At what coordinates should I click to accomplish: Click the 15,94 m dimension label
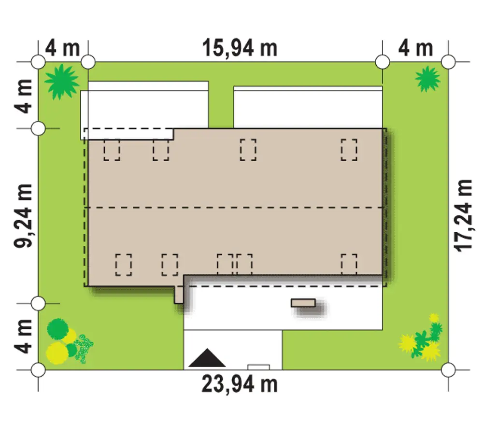[x=240, y=48]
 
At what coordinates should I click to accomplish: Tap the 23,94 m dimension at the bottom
[x=240, y=384]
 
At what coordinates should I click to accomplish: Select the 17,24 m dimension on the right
[x=464, y=215]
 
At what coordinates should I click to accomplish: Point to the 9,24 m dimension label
[x=23, y=215]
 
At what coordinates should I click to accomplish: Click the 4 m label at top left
[x=62, y=48]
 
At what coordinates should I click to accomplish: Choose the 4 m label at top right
[x=415, y=48]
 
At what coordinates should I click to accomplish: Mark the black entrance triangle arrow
[x=207, y=358]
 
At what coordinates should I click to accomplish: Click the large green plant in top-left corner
[x=62, y=82]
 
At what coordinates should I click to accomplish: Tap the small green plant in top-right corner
[x=427, y=79]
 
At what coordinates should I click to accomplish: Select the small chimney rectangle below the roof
[x=303, y=303]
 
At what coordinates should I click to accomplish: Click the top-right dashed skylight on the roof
[x=349, y=150]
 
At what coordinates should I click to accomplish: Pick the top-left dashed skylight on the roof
[x=112, y=150]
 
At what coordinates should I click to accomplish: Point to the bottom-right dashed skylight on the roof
[x=349, y=265]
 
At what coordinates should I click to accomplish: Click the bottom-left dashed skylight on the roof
[x=124, y=265]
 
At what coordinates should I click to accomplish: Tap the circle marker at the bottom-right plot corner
[x=448, y=369]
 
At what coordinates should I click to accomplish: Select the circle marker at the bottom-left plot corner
[x=38, y=369]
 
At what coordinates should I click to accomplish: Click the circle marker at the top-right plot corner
[x=448, y=62]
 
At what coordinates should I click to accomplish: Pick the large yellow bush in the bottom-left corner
[x=57, y=353]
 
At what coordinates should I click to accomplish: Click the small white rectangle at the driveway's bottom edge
[x=258, y=367]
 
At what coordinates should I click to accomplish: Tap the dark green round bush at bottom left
[x=57, y=329]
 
